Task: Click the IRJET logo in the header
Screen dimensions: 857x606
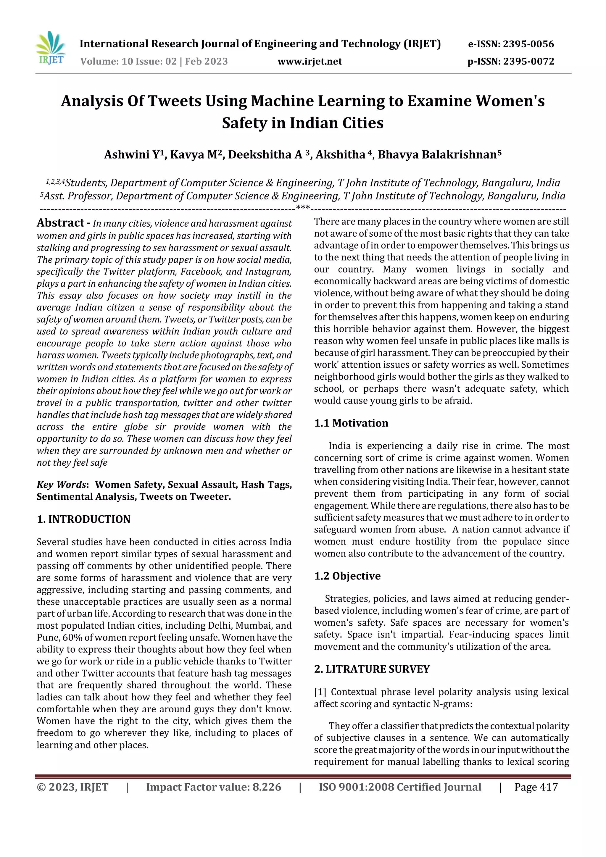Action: pyautogui.click(x=51, y=48)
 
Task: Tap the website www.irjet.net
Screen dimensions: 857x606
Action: pyautogui.click(x=310, y=61)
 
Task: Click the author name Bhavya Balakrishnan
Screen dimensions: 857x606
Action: pyautogui.click(x=437, y=154)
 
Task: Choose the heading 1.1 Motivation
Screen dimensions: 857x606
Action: pyautogui.click(x=351, y=423)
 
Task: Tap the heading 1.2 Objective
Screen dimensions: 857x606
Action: pyautogui.click(x=347, y=576)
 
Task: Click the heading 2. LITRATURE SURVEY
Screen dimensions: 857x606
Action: pyautogui.click(x=372, y=669)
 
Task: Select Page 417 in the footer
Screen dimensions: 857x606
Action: pyautogui.click(x=536, y=787)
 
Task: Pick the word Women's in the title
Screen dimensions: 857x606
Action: pyautogui.click(x=510, y=101)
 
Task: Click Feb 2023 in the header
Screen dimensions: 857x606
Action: pyautogui.click(x=206, y=61)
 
